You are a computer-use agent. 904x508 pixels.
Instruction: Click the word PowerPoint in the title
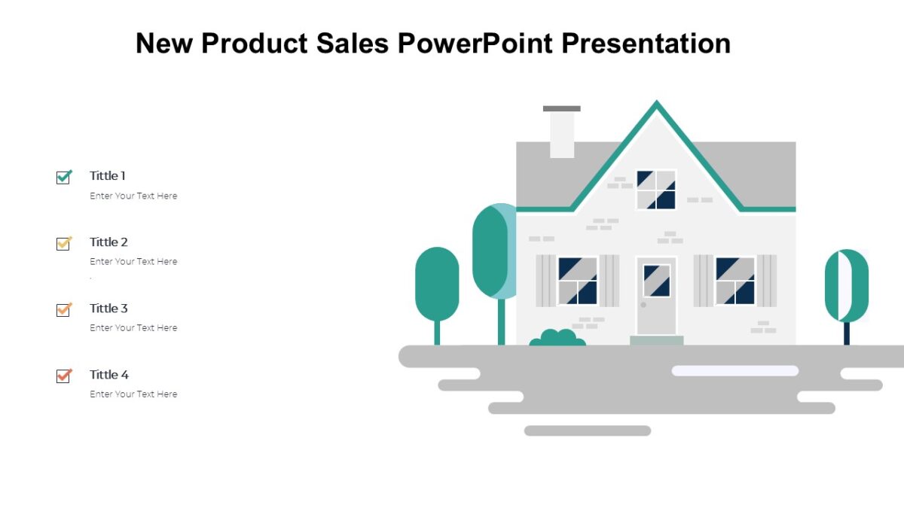[476, 44]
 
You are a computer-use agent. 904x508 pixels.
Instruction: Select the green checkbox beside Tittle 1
[63, 177]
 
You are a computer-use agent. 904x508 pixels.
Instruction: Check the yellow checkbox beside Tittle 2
[63, 243]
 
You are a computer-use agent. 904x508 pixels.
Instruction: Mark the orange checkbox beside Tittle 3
[63, 309]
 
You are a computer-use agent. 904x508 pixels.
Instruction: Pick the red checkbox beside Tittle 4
[63, 376]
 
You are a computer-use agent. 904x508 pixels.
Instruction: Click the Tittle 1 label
[108, 175]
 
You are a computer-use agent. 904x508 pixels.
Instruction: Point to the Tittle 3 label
[108, 308]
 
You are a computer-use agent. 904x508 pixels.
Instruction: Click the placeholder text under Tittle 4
[133, 394]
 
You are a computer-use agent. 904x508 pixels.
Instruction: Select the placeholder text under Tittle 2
[133, 261]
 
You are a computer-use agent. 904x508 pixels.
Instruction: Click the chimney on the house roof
[562, 133]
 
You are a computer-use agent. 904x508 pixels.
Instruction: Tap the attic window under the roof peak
[655, 190]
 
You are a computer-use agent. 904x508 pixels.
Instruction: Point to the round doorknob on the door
[643, 305]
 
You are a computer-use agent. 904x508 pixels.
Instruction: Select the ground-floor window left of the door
[578, 281]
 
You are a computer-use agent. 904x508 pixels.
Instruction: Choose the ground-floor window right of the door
[735, 281]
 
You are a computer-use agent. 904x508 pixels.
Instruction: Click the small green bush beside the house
[557, 338]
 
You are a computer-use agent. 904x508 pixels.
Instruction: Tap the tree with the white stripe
[846, 286]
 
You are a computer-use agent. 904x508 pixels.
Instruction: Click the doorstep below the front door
[656, 340]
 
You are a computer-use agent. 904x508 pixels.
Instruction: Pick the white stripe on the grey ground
[734, 370]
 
